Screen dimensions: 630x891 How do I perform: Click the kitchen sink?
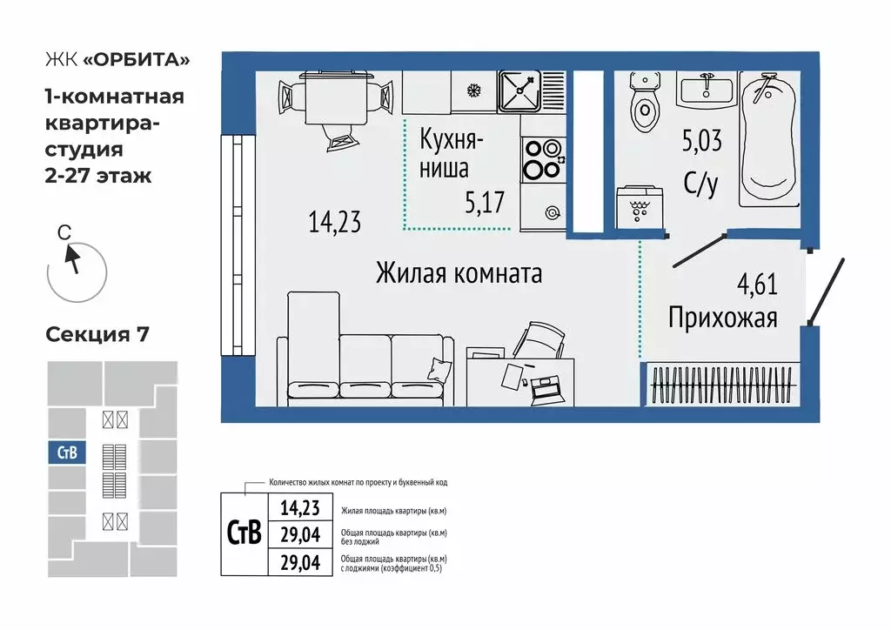pyautogui.click(x=519, y=90)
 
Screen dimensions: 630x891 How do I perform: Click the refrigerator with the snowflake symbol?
pyautogui.click(x=474, y=90)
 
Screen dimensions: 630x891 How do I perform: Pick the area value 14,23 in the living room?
pyautogui.click(x=334, y=223)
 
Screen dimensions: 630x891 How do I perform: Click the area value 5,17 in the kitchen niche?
pyautogui.click(x=485, y=204)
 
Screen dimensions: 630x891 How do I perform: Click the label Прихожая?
pyautogui.click(x=722, y=318)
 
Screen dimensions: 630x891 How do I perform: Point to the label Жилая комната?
pyautogui.click(x=459, y=273)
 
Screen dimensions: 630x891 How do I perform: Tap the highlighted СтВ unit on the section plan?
pyautogui.click(x=66, y=452)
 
